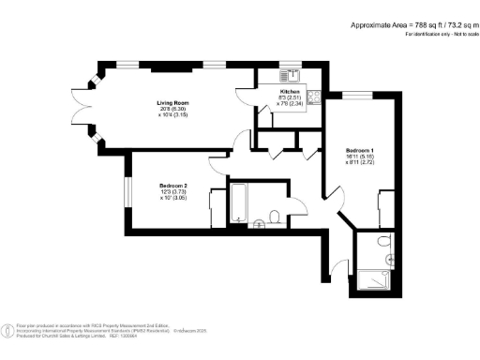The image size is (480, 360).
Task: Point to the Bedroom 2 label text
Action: [x=173, y=186]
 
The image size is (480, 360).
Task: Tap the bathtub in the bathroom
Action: [x=238, y=204]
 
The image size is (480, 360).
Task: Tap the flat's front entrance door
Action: [x=335, y=270]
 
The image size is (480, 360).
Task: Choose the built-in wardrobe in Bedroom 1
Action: [x=384, y=206]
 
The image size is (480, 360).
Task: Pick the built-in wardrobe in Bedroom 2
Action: [x=217, y=206]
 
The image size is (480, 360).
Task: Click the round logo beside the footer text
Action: [x=9, y=330]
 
